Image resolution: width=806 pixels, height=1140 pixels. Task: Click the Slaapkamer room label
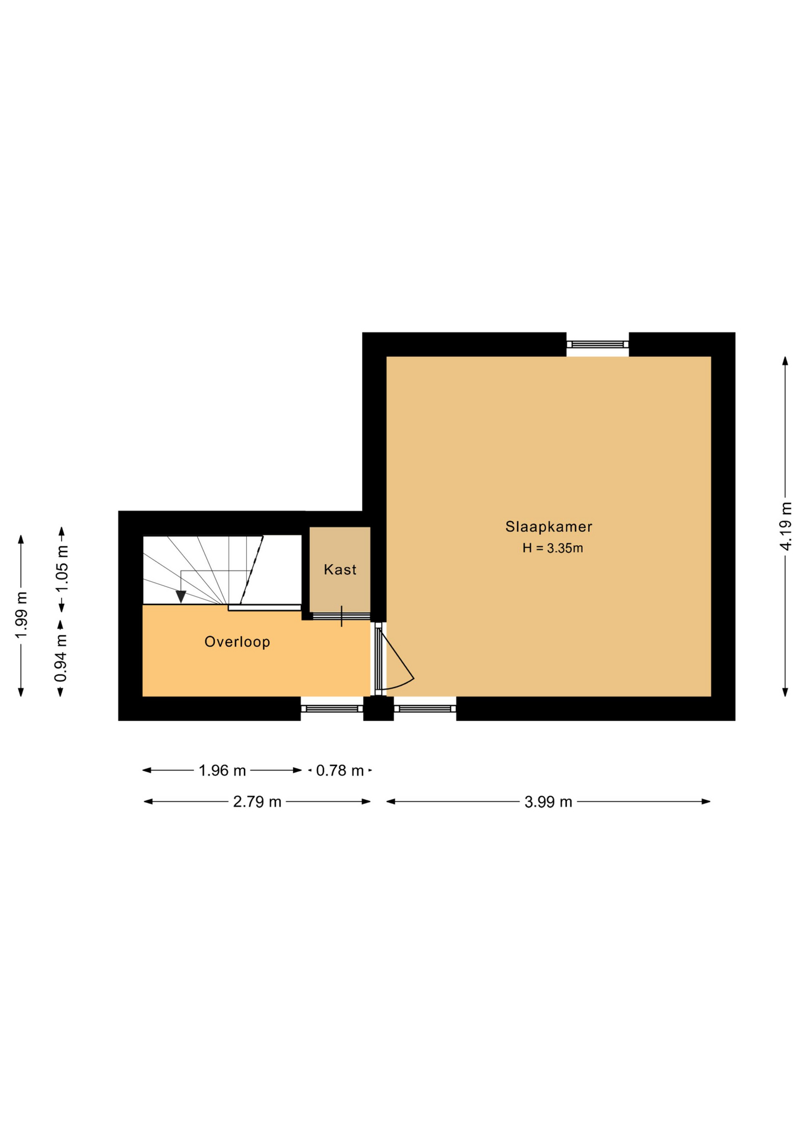click(548, 527)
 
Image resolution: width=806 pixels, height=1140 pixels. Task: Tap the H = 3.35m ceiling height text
click(553, 548)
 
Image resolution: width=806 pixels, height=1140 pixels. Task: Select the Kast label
click(340, 570)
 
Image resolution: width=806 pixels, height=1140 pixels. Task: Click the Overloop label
click(237, 642)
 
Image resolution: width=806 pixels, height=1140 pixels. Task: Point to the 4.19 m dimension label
click(786, 526)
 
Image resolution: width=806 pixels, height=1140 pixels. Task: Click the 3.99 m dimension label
click(548, 802)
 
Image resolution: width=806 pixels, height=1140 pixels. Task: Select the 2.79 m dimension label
click(257, 802)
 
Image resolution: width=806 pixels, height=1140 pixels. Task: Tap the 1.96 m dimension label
click(222, 771)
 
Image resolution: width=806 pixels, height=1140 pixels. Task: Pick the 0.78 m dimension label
click(340, 771)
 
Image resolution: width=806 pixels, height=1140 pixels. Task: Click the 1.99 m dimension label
click(21, 616)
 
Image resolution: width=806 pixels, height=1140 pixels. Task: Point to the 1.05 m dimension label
click(62, 569)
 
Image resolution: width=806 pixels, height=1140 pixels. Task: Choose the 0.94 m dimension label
click(61, 658)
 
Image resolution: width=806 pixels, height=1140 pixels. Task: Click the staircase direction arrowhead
click(181, 597)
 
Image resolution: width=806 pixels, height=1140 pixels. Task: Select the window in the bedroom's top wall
click(598, 344)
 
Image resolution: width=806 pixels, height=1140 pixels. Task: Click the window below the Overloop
click(332, 708)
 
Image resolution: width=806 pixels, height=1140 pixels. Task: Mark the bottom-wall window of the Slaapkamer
click(425, 708)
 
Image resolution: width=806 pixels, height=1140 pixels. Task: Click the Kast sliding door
click(341, 616)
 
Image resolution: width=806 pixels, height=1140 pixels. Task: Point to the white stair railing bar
click(265, 607)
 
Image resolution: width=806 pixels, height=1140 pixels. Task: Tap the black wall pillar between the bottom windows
click(378, 708)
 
